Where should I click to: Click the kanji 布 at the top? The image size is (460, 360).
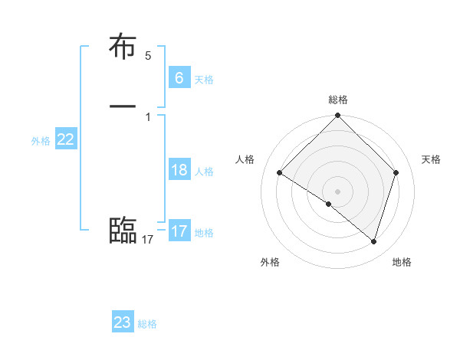123,47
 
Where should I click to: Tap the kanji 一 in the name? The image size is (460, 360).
123,106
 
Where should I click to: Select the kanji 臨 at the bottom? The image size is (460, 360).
123,230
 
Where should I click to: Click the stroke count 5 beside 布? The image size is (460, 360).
148,56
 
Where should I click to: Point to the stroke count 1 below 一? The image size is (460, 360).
148,116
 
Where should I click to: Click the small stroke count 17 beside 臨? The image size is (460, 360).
148,240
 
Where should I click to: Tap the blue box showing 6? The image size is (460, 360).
179,77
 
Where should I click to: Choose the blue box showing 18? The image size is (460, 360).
179,169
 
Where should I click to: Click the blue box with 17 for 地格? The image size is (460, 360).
179,231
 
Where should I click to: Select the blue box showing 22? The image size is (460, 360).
65,139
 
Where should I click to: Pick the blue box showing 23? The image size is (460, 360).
122,322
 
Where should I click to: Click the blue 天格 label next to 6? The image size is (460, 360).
204,79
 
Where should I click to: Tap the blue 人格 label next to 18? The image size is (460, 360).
204,171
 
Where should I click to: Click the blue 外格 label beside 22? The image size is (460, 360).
41,140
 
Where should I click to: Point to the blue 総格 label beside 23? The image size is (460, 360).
147,324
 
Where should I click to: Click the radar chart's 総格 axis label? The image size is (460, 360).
338,100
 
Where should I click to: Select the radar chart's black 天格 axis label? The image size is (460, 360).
431,159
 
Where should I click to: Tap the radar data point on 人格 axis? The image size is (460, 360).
279,172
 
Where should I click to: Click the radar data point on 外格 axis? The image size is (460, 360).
329,204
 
